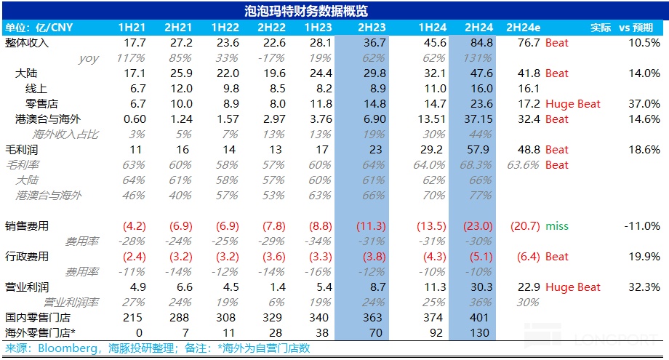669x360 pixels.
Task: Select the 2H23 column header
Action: click(x=372, y=28)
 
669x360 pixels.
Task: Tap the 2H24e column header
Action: click(x=523, y=28)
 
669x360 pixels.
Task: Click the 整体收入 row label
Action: click(x=27, y=43)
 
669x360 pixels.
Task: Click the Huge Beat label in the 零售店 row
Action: click(x=573, y=104)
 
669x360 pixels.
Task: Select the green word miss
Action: click(x=557, y=226)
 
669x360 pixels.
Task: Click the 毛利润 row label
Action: click(x=21, y=150)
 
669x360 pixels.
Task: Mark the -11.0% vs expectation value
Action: click(x=641, y=226)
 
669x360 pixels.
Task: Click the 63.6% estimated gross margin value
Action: click(x=523, y=165)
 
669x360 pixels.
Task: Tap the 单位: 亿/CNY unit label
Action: click(x=33, y=28)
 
